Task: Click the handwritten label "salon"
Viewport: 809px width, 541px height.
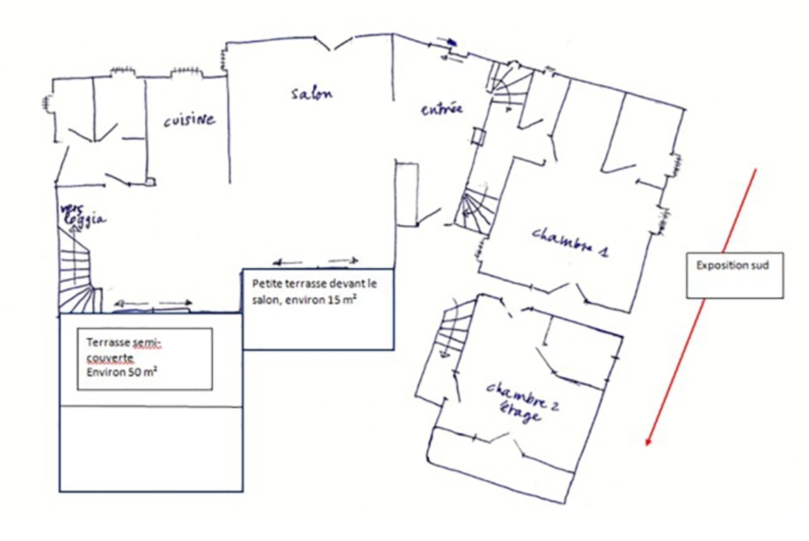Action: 311,94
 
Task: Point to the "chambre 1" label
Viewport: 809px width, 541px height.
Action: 570,242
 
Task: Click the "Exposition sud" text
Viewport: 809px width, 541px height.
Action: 732,265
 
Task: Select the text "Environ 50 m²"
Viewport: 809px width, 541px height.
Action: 122,372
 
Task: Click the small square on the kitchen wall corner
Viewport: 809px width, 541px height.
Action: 151,182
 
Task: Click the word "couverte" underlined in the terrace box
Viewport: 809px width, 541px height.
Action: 110,358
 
